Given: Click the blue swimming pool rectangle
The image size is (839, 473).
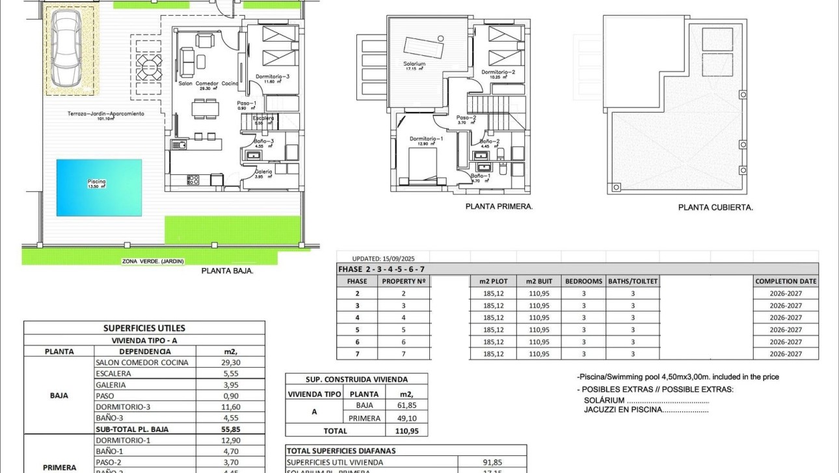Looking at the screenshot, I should click(x=99, y=187).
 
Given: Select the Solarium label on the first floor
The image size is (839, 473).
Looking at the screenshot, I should click(x=414, y=64).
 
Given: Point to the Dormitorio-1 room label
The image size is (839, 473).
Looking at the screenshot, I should click(x=426, y=139).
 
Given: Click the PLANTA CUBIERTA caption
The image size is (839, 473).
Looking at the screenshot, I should click(x=715, y=208).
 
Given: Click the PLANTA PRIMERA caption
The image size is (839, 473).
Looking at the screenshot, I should click(x=499, y=206).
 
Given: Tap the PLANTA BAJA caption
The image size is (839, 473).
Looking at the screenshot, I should click(x=227, y=271).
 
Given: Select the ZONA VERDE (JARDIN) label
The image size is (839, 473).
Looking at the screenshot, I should click(x=153, y=262).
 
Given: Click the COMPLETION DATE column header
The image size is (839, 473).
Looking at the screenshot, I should click(x=786, y=281).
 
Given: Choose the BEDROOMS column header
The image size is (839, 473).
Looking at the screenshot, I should click(x=583, y=281).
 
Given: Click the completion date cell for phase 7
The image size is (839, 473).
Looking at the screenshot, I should click(x=786, y=354).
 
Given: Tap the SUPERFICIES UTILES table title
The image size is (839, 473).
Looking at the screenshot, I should click(x=144, y=328).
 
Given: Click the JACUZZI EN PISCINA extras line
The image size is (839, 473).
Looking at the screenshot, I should click(x=646, y=409).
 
